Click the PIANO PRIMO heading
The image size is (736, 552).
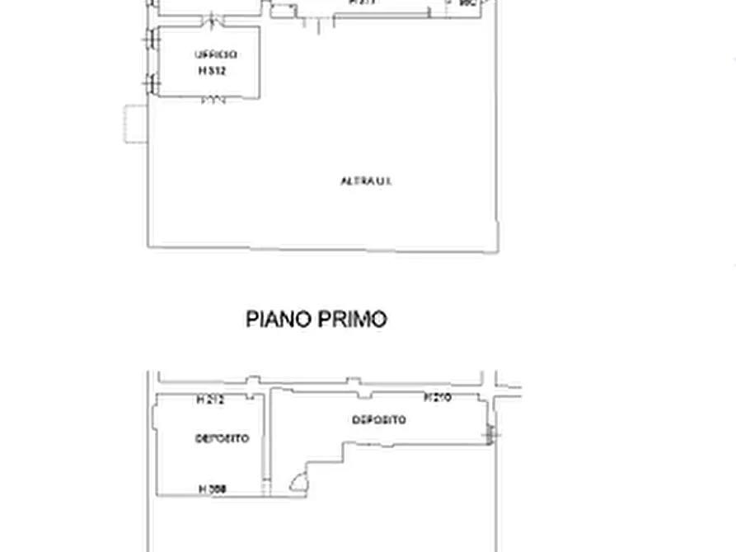316,319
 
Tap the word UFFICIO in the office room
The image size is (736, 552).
216,55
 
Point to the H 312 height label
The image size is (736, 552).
212,71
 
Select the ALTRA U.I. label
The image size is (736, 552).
366,180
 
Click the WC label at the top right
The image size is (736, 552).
468,4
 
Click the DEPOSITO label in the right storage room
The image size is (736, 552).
379,420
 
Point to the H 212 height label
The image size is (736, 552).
210,400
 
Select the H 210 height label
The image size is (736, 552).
437,398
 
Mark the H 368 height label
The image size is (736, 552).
213,489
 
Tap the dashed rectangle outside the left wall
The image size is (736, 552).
135,124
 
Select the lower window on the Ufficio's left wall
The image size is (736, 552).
150,83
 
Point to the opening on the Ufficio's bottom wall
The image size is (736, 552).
213,101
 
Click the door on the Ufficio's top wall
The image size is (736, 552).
213,20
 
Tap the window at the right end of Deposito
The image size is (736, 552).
492,433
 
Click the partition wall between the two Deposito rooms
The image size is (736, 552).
266,445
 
